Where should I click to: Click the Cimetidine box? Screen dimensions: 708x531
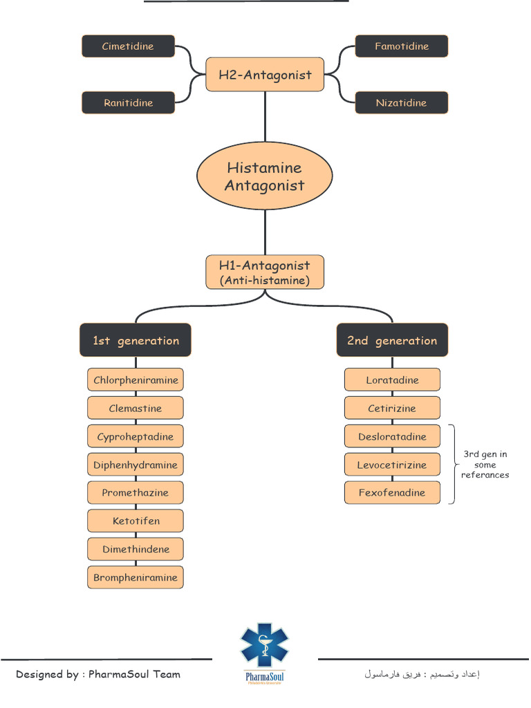[x=128, y=46]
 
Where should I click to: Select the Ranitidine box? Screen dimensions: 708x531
[x=128, y=103]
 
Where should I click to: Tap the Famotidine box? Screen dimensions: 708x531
[x=402, y=46]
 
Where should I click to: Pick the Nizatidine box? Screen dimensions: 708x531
[x=402, y=103]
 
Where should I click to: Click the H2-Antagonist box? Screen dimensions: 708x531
[x=265, y=75]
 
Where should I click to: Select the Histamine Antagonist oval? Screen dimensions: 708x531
[x=265, y=176]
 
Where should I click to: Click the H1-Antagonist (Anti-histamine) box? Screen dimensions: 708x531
[x=265, y=272]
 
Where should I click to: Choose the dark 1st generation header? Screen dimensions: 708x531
[x=136, y=340]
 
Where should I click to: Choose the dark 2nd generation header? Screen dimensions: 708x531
[x=392, y=340]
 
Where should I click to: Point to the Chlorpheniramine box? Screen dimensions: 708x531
[x=136, y=380]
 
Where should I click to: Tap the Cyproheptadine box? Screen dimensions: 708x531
[x=136, y=436]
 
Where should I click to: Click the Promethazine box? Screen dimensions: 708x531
[x=136, y=493]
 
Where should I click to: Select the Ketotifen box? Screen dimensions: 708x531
[x=136, y=521]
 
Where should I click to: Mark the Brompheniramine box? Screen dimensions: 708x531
[x=136, y=577]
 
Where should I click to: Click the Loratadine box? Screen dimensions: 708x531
[x=392, y=380]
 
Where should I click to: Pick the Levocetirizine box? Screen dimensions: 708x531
[x=392, y=465]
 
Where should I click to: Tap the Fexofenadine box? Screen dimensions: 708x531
[x=392, y=493]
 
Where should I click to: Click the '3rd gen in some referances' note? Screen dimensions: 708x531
[x=485, y=465]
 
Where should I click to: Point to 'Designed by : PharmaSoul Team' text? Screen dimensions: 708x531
[x=98, y=674]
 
